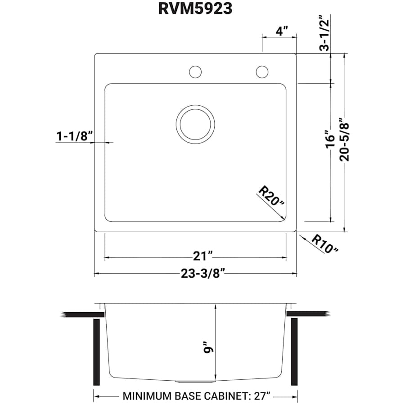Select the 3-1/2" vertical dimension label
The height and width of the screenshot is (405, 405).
click(325, 34)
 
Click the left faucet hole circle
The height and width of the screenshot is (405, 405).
click(195, 72)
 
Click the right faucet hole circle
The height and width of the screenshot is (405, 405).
click(261, 72)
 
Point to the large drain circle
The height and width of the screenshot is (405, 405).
click(195, 125)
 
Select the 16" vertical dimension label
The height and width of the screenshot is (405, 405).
click(331, 139)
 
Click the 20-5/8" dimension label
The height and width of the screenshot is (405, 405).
click(345, 143)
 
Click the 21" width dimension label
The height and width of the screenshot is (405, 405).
click(202, 256)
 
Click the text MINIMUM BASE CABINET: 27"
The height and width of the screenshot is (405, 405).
click(196, 396)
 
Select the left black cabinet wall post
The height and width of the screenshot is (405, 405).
click(96, 351)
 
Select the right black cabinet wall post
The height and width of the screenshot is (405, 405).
click(295, 351)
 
